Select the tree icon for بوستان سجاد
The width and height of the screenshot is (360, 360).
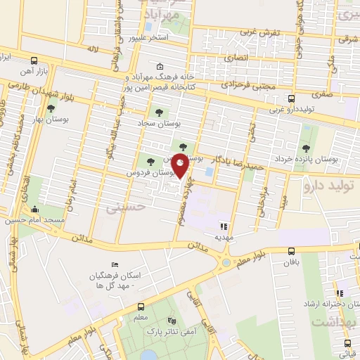(156, 111)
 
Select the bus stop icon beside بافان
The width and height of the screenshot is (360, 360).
(290, 251)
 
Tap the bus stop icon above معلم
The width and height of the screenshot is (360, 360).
(141, 307)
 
